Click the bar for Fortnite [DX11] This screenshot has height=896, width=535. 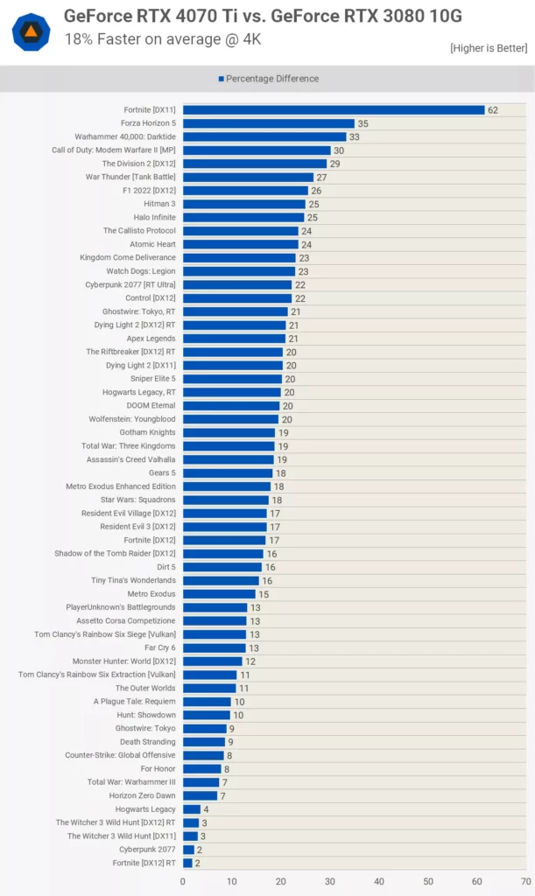click(x=334, y=110)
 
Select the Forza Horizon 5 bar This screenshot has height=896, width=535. click(x=269, y=123)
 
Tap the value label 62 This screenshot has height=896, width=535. click(x=493, y=110)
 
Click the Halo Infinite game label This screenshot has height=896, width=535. click(x=154, y=217)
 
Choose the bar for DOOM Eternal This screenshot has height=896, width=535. click(x=231, y=406)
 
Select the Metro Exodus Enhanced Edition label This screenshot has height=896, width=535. click(x=121, y=486)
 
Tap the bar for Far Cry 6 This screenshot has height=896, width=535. click(x=215, y=648)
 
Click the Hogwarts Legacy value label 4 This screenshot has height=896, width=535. click(x=206, y=809)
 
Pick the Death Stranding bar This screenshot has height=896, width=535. click(x=204, y=742)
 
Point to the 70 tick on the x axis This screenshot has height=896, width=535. click(x=525, y=882)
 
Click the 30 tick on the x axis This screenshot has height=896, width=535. click(x=330, y=882)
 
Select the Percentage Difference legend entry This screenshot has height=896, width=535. click(x=268, y=79)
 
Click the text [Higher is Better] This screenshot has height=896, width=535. click(x=489, y=47)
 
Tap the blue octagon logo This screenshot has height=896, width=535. click(x=31, y=31)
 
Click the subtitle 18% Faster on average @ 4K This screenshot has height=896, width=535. click(x=162, y=39)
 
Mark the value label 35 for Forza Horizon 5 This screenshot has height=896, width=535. click(x=363, y=124)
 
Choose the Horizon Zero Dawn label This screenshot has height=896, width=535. click(x=142, y=795)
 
